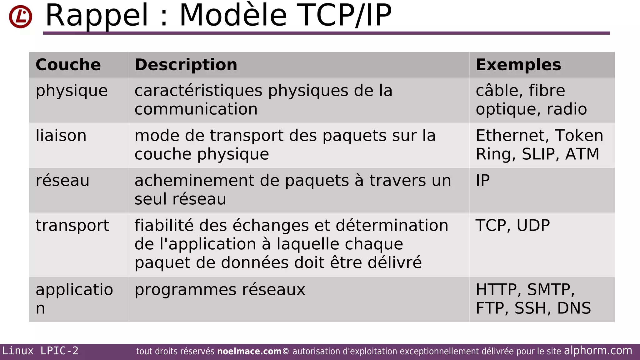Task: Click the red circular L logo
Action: coord(21,17)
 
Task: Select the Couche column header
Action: coord(68,65)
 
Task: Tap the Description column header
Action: coord(186,65)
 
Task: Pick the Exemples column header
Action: coord(518,65)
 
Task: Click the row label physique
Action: coord(72,91)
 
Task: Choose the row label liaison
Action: coord(61,136)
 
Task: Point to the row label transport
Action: coord(72,225)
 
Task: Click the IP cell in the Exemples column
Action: coord(483,181)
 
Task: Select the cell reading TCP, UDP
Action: coord(512,225)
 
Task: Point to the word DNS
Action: coord(574,308)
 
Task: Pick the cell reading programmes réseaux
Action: coord(220,290)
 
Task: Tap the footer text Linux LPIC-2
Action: coord(40,351)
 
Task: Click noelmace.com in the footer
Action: coord(249,352)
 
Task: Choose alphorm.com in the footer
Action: coord(598,351)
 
